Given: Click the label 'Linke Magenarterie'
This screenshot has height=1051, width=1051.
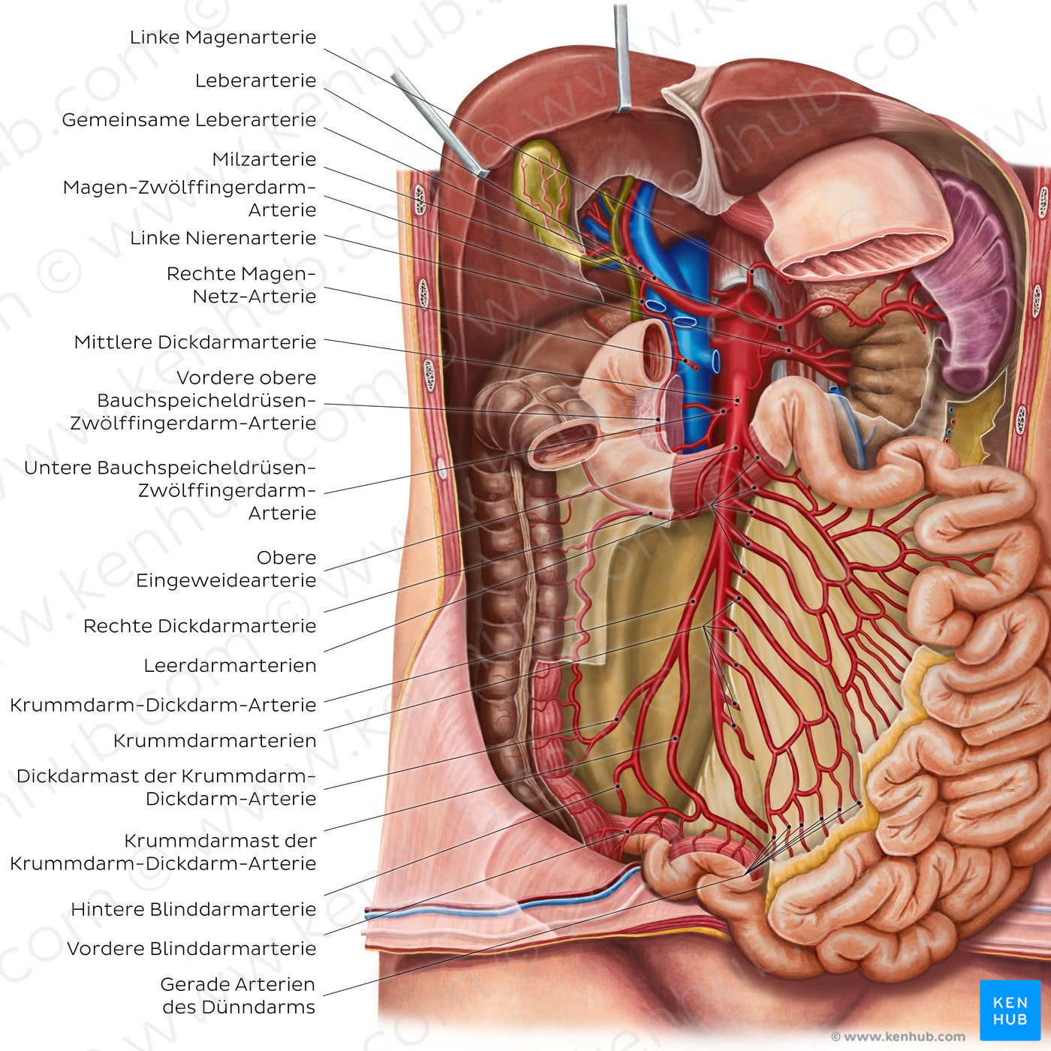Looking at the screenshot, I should (223, 38).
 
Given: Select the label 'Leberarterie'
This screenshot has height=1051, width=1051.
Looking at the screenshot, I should (255, 81).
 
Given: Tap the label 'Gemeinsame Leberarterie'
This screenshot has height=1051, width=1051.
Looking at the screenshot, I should (189, 120).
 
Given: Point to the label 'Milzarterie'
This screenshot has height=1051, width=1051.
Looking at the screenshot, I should (264, 160).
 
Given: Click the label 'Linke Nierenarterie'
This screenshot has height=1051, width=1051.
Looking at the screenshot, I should (223, 239).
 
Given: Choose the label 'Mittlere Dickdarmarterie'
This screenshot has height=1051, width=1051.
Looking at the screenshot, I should (195, 343).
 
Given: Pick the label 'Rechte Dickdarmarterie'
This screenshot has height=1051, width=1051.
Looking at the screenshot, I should (200, 627).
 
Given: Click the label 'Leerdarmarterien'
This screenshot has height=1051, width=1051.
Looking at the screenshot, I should (230, 666).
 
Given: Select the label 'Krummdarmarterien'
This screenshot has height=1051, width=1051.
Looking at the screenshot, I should (215, 741).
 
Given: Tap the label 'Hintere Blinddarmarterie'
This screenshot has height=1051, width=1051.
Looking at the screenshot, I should (193, 910).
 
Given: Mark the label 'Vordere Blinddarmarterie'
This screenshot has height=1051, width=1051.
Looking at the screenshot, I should (191, 949).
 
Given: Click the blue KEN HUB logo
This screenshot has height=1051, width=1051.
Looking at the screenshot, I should (1010, 1010).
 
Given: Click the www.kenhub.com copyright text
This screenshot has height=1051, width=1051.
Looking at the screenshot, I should (897, 1037).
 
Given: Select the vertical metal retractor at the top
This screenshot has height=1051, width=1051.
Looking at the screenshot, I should (622, 56).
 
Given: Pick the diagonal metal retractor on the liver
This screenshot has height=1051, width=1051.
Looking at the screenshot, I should (439, 124).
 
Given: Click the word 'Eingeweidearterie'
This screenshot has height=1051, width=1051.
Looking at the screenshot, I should (226, 581).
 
